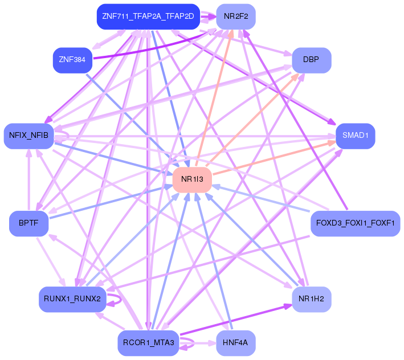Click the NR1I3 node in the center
[x=192, y=179]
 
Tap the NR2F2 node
[x=236, y=17]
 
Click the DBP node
[x=311, y=60]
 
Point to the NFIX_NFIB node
[x=28, y=136]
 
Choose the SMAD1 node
[x=356, y=136]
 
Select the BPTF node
[x=28, y=223]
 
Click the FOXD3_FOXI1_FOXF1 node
[x=355, y=223]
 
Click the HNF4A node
[x=235, y=343]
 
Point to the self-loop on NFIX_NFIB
[x=67, y=136]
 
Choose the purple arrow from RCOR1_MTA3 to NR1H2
[x=239, y=320]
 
